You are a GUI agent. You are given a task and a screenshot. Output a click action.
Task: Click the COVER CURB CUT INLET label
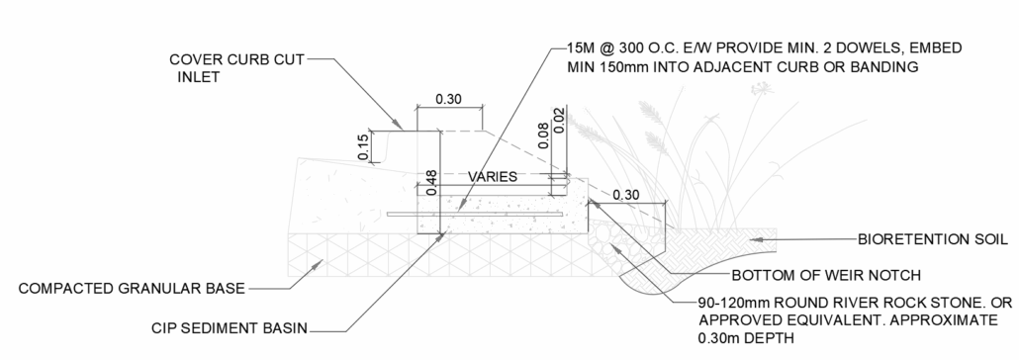coord(237,68)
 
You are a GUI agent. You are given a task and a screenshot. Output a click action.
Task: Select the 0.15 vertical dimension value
coord(364,146)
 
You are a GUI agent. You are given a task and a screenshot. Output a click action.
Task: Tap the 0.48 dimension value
coord(431,183)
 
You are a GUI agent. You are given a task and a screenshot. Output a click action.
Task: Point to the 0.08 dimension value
coord(544,135)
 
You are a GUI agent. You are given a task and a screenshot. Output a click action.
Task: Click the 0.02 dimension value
coord(559,120)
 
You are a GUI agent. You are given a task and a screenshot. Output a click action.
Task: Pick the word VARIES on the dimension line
coord(493,177)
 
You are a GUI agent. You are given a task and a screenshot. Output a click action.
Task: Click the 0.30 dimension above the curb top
coord(448,100)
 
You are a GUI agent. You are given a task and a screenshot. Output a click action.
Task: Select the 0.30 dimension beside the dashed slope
coord(626,195)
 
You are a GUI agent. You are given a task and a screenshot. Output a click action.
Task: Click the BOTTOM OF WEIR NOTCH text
coord(827,276)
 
